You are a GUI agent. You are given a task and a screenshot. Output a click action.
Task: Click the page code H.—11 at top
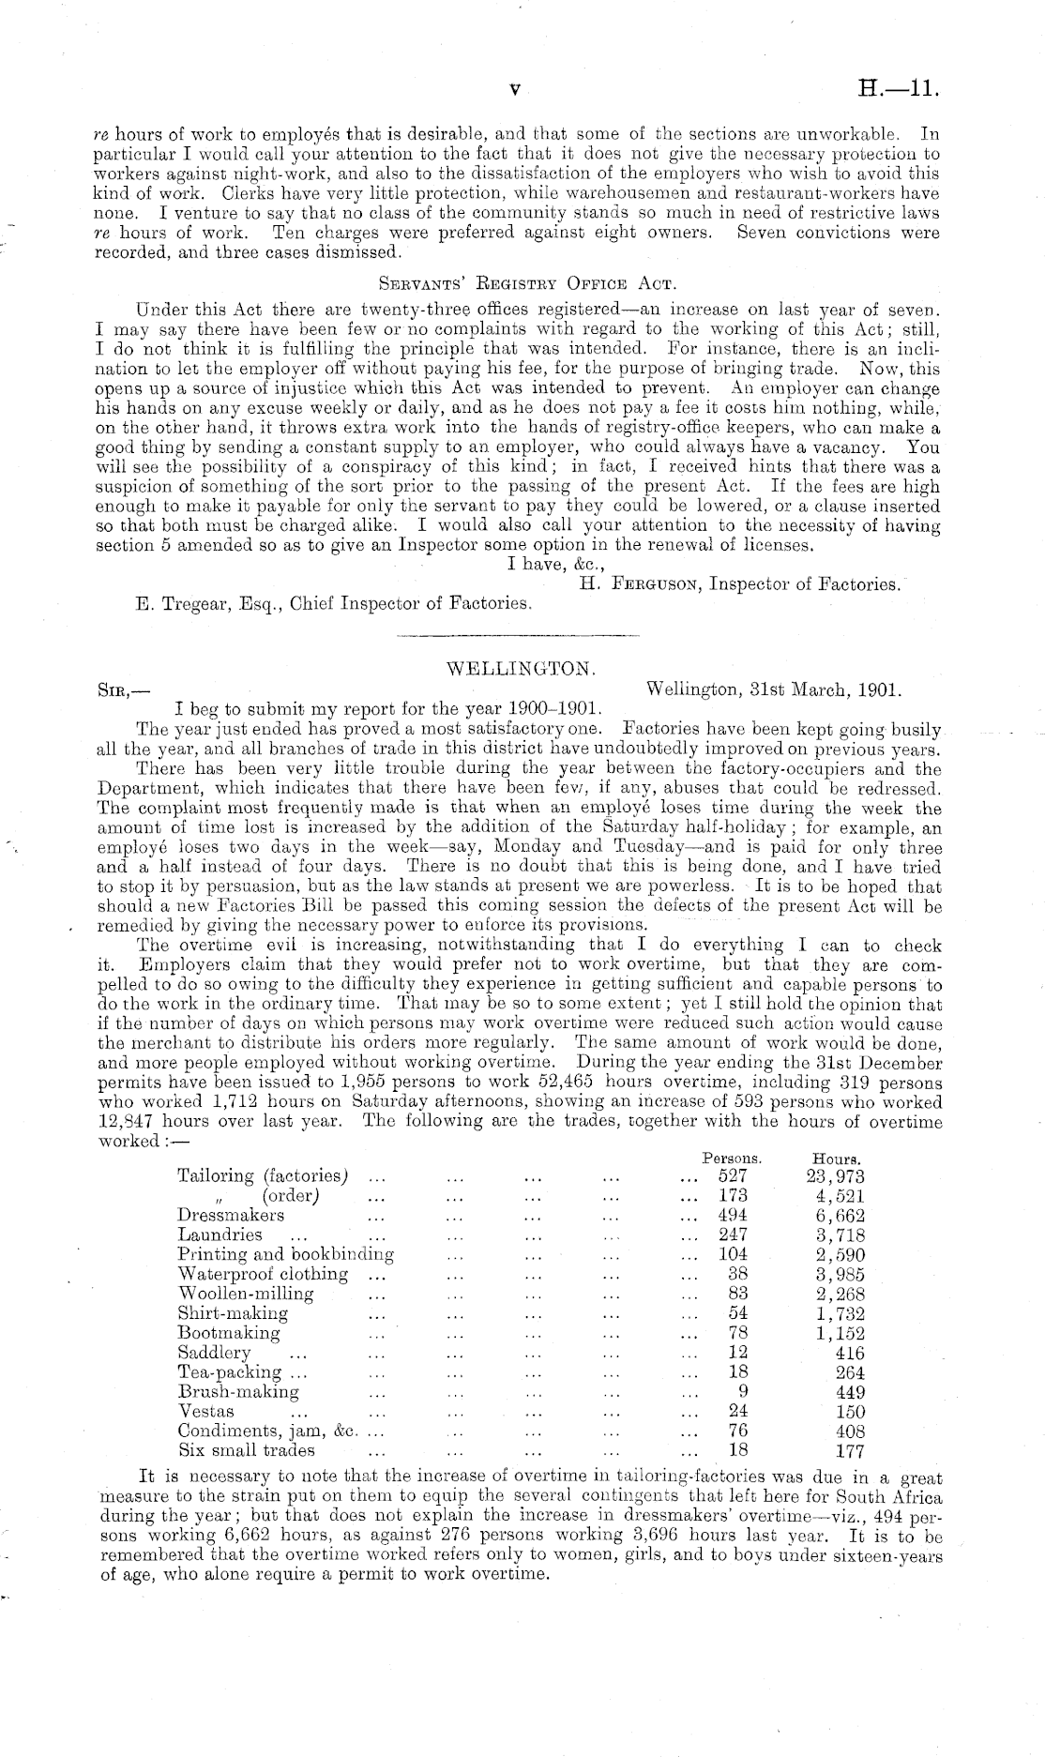899,89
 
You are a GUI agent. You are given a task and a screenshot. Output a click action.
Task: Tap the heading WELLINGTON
522,669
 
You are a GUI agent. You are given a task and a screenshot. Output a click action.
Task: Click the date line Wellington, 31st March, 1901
774,689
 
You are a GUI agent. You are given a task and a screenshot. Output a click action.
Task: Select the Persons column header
732,1159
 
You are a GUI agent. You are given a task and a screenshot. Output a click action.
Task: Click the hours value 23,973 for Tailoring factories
836,1176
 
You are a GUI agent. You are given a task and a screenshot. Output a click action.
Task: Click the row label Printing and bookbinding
285,1254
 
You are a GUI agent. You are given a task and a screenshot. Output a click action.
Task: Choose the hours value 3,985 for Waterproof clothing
841,1274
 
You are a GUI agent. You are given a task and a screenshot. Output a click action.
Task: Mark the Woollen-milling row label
246,1294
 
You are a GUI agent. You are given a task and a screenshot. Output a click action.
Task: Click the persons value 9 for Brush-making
740,1392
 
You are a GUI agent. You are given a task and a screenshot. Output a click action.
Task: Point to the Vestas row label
206,1411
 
